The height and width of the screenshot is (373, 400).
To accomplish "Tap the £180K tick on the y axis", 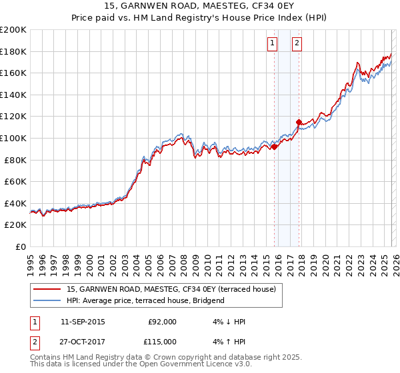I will tap(13, 51).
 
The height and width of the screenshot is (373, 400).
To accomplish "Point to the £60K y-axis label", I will tap(15, 181).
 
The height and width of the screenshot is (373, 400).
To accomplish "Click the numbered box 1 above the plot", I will tap(273, 43).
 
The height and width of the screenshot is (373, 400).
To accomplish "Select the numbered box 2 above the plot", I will tap(297, 43).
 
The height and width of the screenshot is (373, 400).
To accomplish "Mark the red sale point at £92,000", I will tap(274, 147).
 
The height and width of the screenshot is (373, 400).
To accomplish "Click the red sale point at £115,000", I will tap(299, 122).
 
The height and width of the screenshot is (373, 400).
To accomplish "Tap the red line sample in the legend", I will tap(47, 289).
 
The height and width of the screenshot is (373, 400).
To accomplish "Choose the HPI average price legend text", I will tap(145, 300).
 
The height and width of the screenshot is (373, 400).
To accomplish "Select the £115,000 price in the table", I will tap(162, 341).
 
